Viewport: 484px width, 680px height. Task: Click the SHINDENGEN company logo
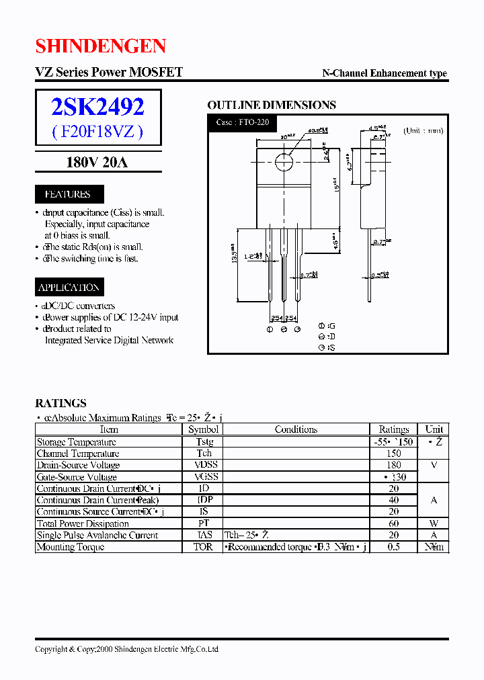(100, 46)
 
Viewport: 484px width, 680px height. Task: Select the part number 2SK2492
(98, 107)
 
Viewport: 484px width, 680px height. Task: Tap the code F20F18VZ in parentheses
(98, 132)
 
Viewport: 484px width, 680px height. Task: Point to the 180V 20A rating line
(97, 163)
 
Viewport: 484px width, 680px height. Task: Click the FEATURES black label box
(67, 194)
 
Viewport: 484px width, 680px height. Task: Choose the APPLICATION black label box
(69, 288)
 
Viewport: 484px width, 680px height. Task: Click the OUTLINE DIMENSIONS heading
(271, 105)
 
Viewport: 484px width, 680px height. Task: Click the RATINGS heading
(61, 403)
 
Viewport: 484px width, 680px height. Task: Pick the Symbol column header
(203, 429)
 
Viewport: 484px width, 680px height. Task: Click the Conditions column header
(296, 429)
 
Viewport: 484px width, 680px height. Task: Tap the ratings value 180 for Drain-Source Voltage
(393, 465)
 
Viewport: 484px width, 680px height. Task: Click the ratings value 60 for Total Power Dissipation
(393, 523)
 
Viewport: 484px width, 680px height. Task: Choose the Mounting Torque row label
(70, 547)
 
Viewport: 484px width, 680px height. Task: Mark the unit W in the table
(434, 523)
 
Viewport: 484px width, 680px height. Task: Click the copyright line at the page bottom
(126, 649)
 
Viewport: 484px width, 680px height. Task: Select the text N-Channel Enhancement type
(385, 74)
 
